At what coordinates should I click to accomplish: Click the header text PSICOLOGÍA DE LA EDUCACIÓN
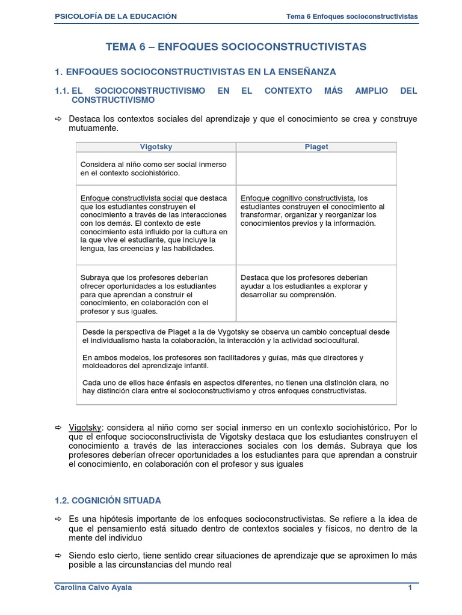pos(115,16)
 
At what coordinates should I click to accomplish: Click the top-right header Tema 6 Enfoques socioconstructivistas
pos(352,16)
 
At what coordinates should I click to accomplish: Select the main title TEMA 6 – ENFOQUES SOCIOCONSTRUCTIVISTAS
pos(236,46)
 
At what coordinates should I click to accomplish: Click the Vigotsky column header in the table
pos(156,147)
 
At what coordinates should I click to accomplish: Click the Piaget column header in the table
pos(316,147)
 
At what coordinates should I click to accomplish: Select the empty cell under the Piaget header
pos(316,169)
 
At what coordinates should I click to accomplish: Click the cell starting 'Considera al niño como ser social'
pos(156,169)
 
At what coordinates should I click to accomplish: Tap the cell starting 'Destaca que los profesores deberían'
pos(316,286)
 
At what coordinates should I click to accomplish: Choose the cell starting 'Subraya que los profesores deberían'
pos(156,294)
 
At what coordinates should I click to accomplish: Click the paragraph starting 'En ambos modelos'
pos(223,361)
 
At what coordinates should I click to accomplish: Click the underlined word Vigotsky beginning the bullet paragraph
pos(85,426)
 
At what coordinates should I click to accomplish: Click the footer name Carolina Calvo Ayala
pos(93,588)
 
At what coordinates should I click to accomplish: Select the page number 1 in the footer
pos(410,588)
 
